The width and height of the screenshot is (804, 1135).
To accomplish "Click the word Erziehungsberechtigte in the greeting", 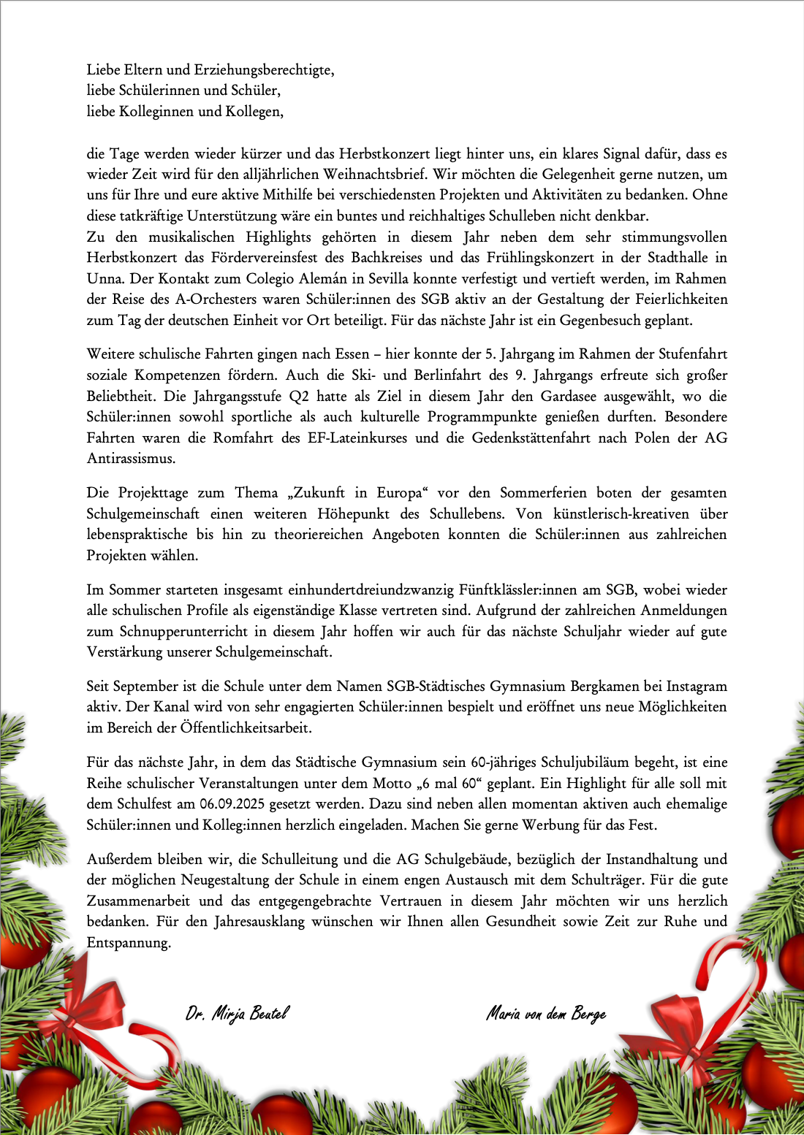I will [x=264, y=70].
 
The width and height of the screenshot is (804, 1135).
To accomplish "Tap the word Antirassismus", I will [x=131, y=459].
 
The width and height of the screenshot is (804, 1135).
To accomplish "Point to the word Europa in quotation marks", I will [x=400, y=493].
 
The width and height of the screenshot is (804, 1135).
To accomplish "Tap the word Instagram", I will [x=690, y=687].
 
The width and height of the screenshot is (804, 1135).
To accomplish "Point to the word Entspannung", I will [x=128, y=943].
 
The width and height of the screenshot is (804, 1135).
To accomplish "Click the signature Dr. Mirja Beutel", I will [x=238, y=1013].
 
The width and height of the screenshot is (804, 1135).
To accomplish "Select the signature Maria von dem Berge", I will [x=546, y=1014].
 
